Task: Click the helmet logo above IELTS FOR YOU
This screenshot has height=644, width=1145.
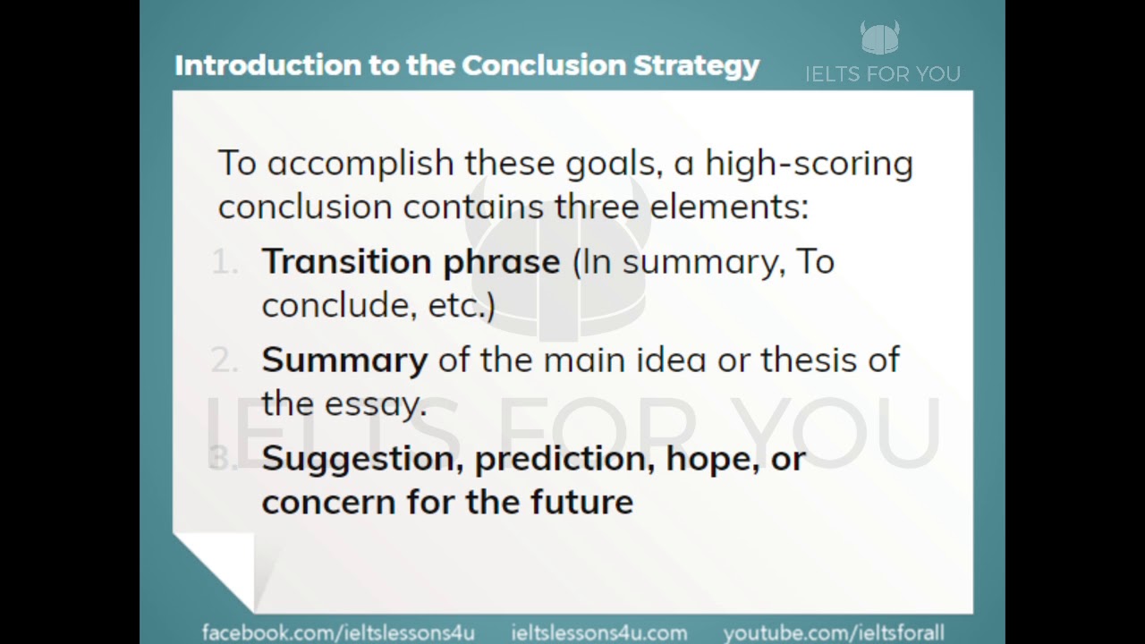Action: [880, 38]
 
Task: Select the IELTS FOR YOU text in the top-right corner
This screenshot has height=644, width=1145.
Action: [882, 74]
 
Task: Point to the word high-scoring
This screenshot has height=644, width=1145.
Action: [809, 164]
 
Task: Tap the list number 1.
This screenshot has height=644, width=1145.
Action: [225, 262]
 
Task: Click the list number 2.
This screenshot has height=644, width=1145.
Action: [225, 360]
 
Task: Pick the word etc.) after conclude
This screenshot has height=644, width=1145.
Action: [461, 305]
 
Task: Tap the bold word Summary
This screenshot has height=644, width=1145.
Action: [344, 360]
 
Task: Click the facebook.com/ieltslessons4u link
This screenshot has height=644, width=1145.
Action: [338, 632]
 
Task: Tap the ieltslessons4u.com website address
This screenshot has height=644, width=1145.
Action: [598, 632]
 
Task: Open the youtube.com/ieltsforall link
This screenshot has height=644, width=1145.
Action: [833, 632]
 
